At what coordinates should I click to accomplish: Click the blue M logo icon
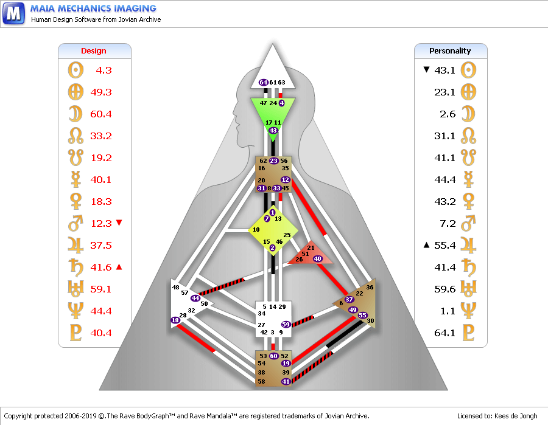[x=14, y=13]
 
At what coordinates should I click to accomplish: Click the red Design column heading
[x=94, y=51]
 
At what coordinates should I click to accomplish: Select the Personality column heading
[x=450, y=51]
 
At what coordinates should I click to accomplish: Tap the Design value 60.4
[x=101, y=114]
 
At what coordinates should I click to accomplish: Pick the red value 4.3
[x=104, y=70]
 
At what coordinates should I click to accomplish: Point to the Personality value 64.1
[x=445, y=333]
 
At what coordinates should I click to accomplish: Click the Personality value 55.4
[x=445, y=245]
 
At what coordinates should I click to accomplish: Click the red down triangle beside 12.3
[x=119, y=223]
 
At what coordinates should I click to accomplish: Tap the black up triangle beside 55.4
[x=426, y=245]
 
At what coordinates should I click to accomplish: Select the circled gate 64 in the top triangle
[x=263, y=82]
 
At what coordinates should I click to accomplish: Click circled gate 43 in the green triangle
[x=273, y=131]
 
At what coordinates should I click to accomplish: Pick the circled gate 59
[x=286, y=324]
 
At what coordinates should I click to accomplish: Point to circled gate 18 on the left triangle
[x=175, y=320]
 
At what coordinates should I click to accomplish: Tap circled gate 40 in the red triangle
[x=317, y=258]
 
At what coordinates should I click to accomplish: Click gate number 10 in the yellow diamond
[x=256, y=230]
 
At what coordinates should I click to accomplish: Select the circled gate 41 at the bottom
[x=286, y=381]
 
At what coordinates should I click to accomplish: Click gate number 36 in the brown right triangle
[x=370, y=287]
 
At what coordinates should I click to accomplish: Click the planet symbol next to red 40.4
[x=76, y=333]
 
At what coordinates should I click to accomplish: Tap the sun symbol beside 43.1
[x=468, y=70]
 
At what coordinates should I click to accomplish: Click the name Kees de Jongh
[x=516, y=416]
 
